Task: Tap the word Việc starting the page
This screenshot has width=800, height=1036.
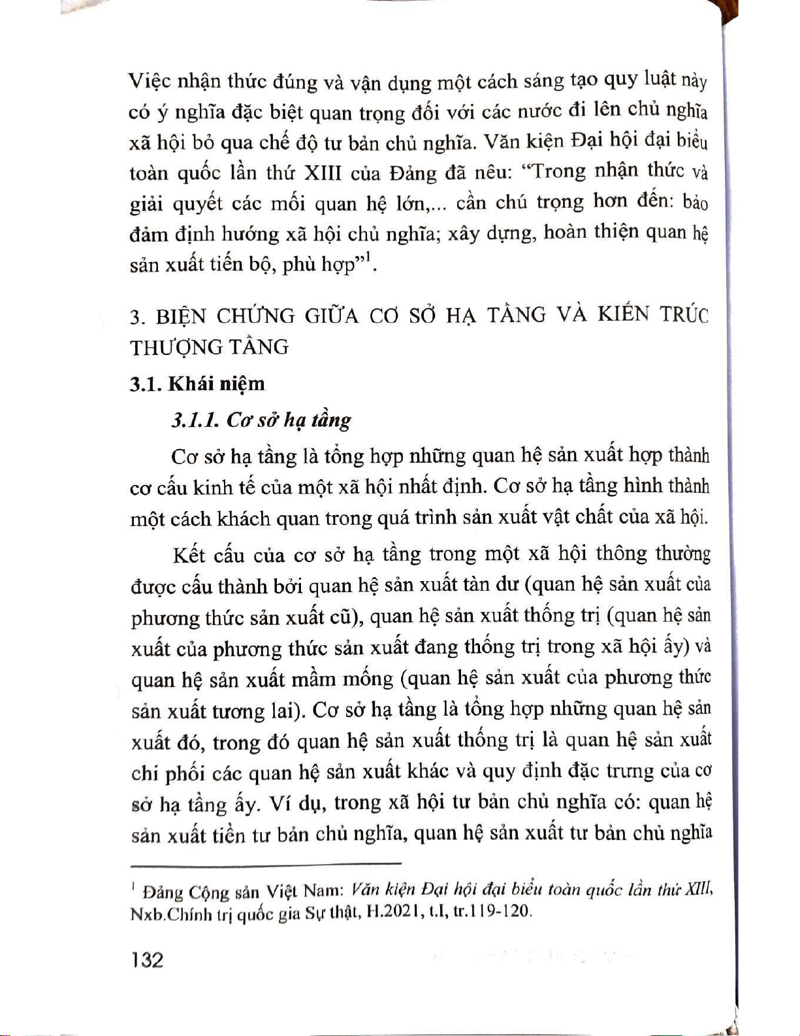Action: (x=149, y=82)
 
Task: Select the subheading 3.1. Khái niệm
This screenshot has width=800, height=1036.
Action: (x=197, y=384)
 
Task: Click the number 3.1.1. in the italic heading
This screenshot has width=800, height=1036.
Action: (x=195, y=420)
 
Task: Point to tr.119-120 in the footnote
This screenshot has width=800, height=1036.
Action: (x=492, y=911)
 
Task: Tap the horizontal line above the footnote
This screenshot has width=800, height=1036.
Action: (x=266, y=864)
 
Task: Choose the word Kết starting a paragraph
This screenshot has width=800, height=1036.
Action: (x=189, y=556)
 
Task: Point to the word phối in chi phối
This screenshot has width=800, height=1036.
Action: (x=185, y=774)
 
